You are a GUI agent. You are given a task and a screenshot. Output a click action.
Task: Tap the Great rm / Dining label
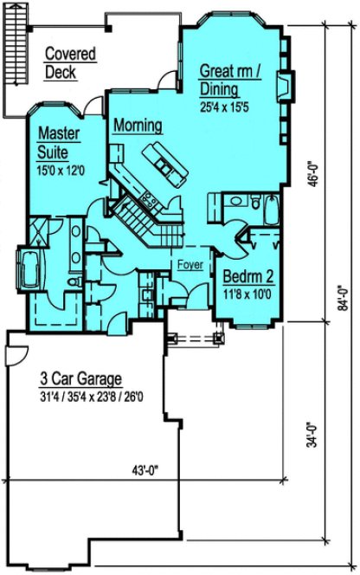click(x=229, y=79)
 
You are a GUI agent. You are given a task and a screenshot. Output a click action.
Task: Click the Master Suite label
click(x=60, y=142)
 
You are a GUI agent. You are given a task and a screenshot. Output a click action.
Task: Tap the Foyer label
click(x=189, y=264)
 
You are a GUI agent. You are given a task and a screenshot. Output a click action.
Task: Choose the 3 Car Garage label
click(x=80, y=379)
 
